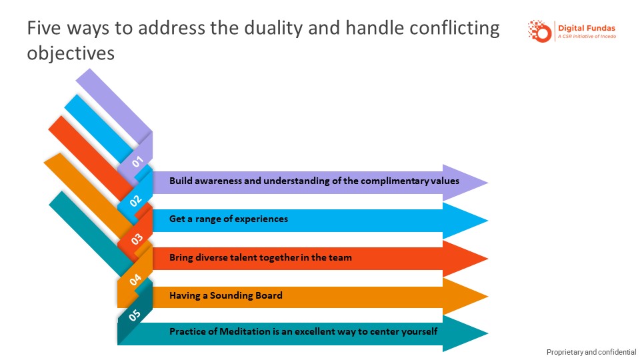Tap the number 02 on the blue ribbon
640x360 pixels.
pyautogui.click(x=136, y=199)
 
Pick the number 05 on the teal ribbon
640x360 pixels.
pyautogui.click(x=135, y=317)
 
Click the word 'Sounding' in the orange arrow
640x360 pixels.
pyautogui.click(x=231, y=295)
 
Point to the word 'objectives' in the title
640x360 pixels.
pyautogui.click(x=71, y=53)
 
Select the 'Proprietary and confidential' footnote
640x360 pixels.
pyautogui.click(x=591, y=352)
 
